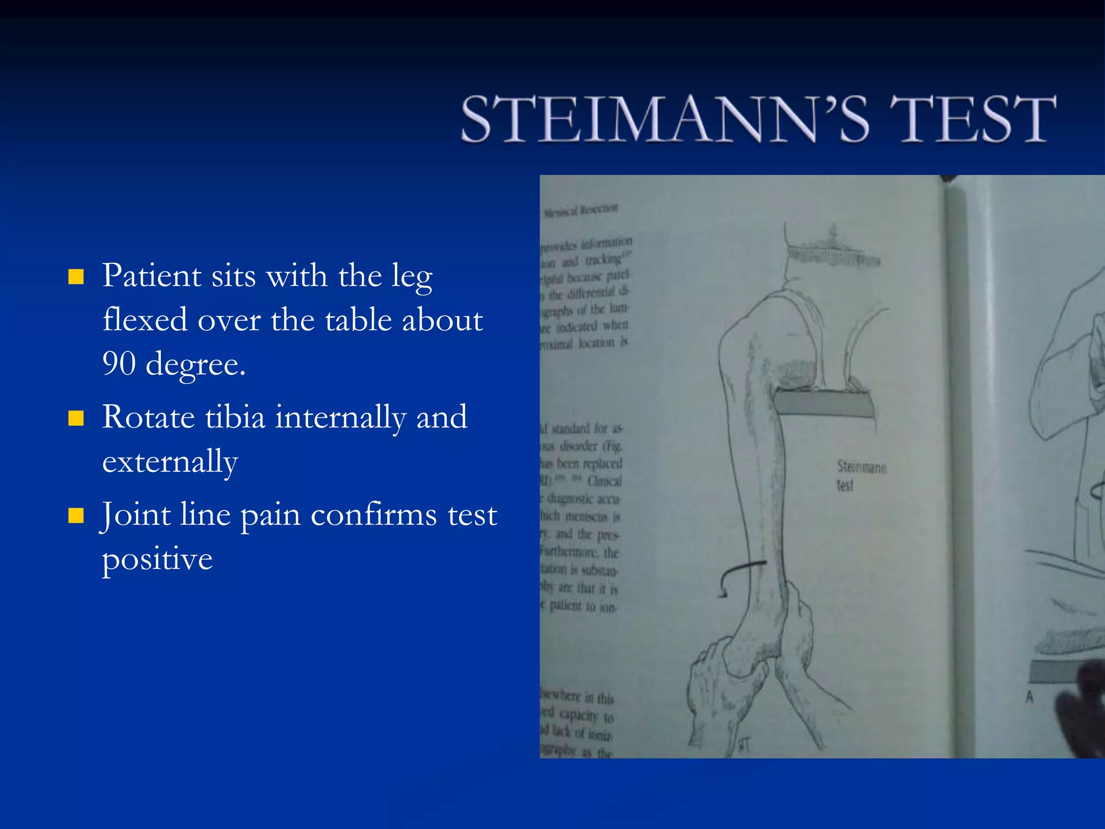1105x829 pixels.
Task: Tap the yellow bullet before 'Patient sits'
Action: pyautogui.click(x=76, y=277)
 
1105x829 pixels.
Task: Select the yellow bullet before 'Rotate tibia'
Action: pyautogui.click(x=76, y=418)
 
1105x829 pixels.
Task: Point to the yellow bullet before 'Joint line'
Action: pyautogui.click(x=76, y=516)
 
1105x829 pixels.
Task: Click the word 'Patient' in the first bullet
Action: pyautogui.click(x=152, y=276)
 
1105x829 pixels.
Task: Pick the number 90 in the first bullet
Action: pyautogui.click(x=119, y=364)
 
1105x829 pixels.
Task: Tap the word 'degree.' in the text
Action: pyautogui.click(x=195, y=365)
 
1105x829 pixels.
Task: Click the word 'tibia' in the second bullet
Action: pyautogui.click(x=235, y=417)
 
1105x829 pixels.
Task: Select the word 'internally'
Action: pyautogui.click(x=340, y=418)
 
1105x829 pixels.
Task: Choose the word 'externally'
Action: pyautogui.click(x=170, y=463)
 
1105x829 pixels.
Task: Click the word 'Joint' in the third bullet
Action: pyautogui.click(x=136, y=515)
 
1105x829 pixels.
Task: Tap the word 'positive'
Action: pyautogui.click(x=157, y=560)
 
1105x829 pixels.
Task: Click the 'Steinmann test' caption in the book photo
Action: pyautogui.click(x=860, y=475)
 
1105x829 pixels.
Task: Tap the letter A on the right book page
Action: pyautogui.click(x=1029, y=697)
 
